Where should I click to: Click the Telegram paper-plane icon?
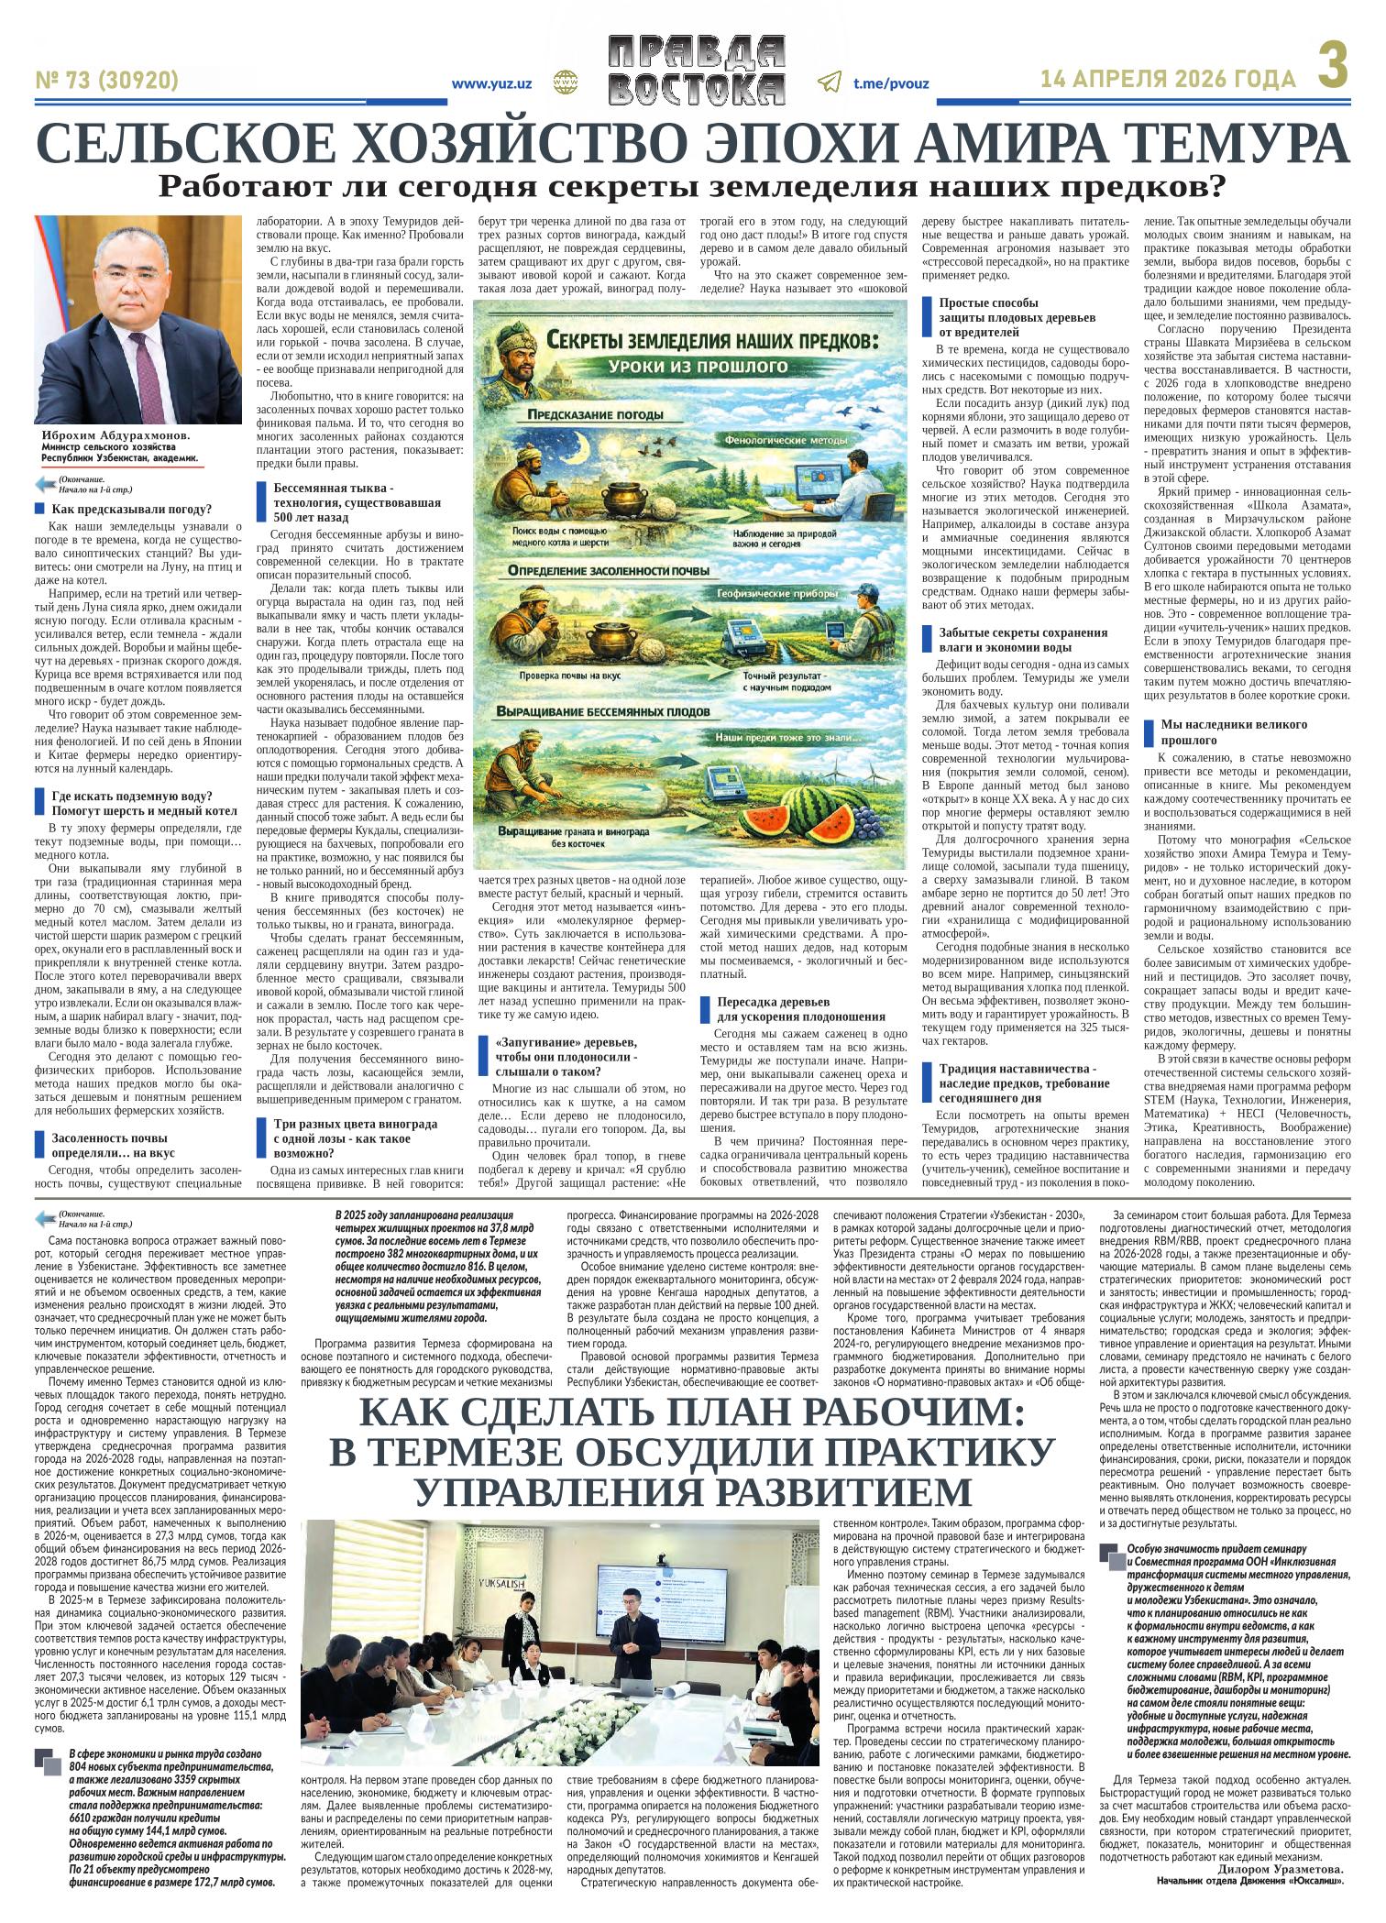coord(830,82)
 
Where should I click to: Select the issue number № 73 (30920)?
coord(107,82)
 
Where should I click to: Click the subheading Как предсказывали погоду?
coord(132,509)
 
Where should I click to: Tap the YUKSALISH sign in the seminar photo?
coord(507,1558)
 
